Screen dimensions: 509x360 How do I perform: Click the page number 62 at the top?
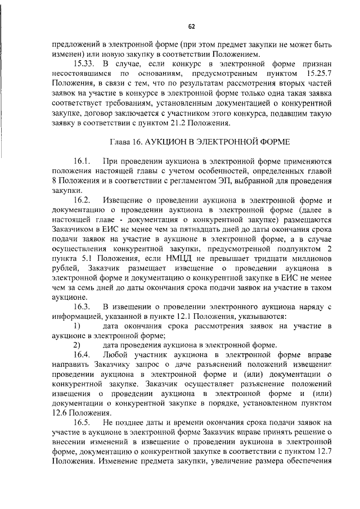(x=191, y=26)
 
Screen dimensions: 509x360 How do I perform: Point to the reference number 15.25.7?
(x=314, y=74)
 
